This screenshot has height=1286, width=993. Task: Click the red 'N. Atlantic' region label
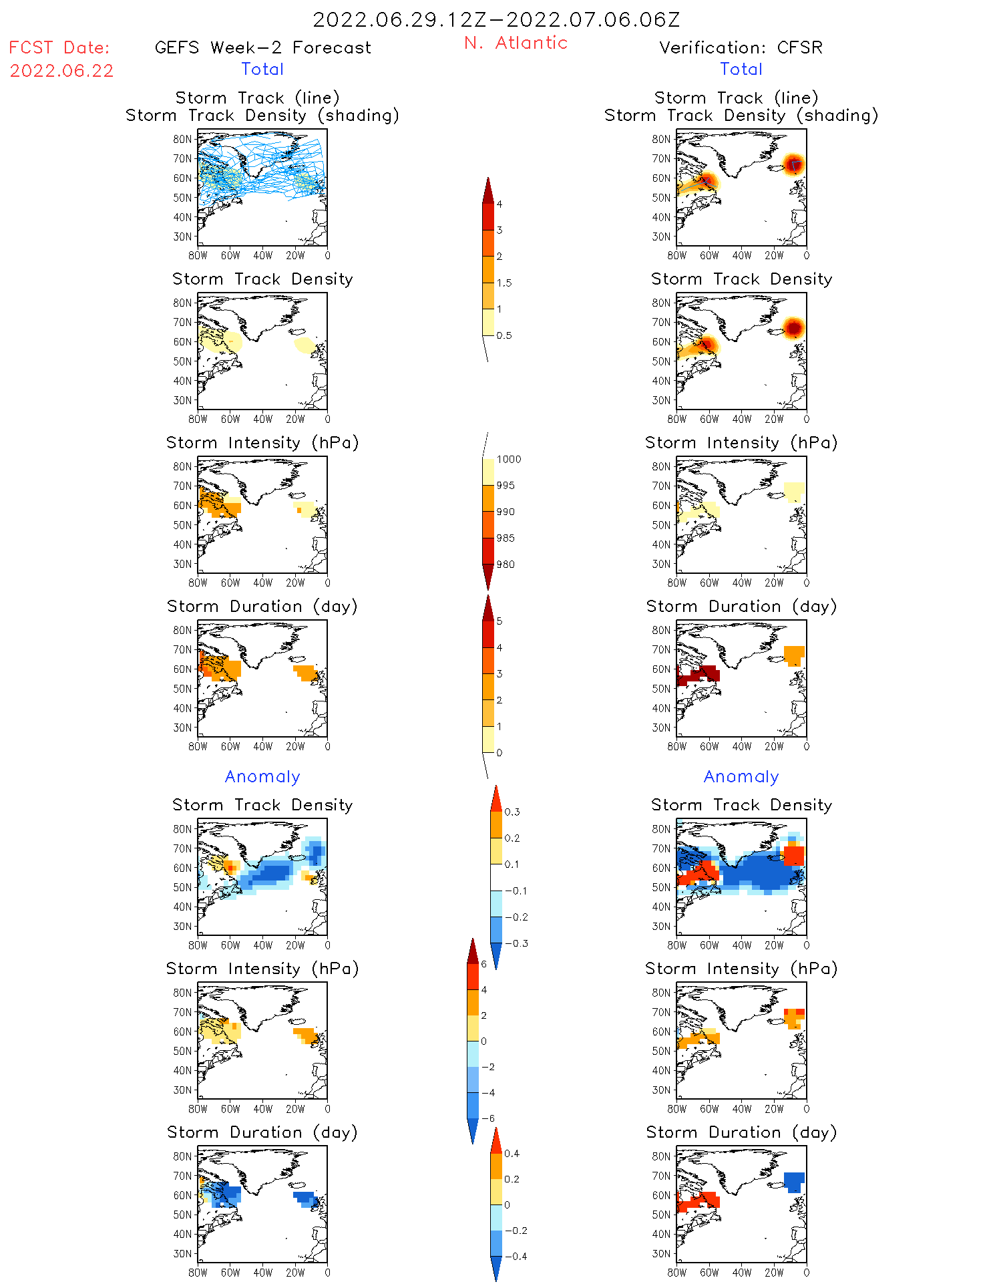(516, 43)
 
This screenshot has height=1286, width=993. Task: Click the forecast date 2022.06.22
(61, 71)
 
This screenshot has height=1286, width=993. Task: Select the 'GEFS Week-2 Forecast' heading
(262, 47)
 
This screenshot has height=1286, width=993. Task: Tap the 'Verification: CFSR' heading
(741, 47)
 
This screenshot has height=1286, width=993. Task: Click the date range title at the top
(496, 19)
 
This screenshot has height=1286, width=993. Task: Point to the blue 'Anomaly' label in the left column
(262, 776)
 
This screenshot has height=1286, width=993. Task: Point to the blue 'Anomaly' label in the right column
(741, 776)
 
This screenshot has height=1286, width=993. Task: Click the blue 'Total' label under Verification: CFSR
(741, 69)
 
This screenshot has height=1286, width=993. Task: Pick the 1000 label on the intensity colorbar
(508, 459)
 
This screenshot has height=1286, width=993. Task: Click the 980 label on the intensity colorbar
(506, 565)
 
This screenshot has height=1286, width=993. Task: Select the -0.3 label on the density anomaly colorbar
(516, 943)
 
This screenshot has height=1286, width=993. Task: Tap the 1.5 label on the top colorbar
(504, 283)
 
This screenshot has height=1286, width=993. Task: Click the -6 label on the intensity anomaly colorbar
(488, 1118)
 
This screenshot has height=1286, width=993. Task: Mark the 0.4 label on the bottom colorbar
(512, 1153)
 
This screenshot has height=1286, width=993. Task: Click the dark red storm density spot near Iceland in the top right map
(793, 164)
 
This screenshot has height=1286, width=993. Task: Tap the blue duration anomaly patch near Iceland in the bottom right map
(793, 1181)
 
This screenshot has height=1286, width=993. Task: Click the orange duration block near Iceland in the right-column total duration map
(793, 655)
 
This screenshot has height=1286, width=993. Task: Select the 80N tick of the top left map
(182, 139)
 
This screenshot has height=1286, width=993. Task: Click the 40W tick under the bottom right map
(742, 1273)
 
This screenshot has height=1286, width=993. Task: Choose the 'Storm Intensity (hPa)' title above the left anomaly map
(262, 969)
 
